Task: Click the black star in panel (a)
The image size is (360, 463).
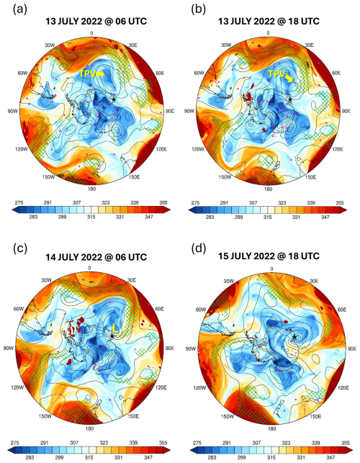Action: (x=114, y=99)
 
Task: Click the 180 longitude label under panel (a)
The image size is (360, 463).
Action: (x=91, y=191)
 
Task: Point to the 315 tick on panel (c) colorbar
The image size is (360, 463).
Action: (x=91, y=438)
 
